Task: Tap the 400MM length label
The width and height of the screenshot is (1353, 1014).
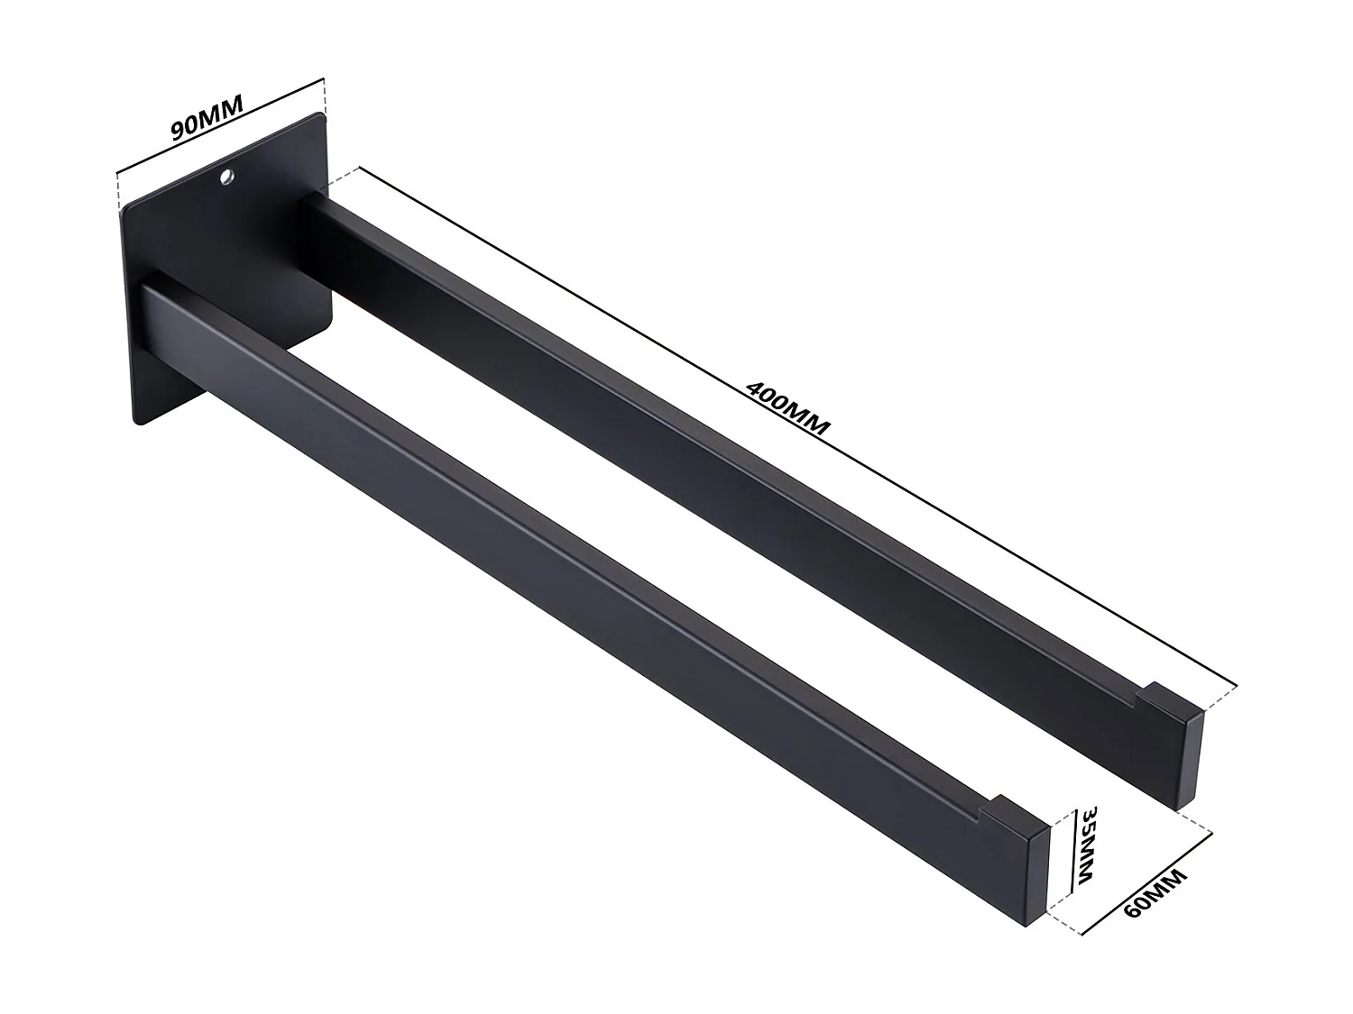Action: pos(787,407)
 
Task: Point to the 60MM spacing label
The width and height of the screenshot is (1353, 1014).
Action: pos(1156,905)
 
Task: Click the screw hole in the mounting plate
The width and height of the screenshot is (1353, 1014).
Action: pos(226,177)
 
